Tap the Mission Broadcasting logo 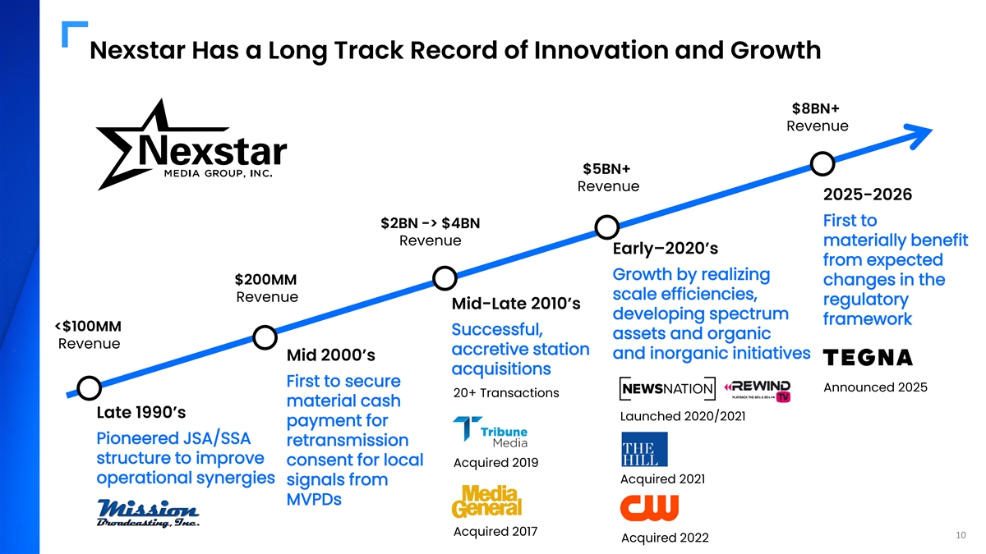(148, 511)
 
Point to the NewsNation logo (667, 388)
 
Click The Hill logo (644, 450)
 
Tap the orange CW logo (649, 507)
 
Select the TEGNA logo (868, 358)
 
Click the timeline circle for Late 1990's (89, 388)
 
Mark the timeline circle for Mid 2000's (265, 337)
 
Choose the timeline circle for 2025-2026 (822, 163)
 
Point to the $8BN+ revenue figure (817, 109)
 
